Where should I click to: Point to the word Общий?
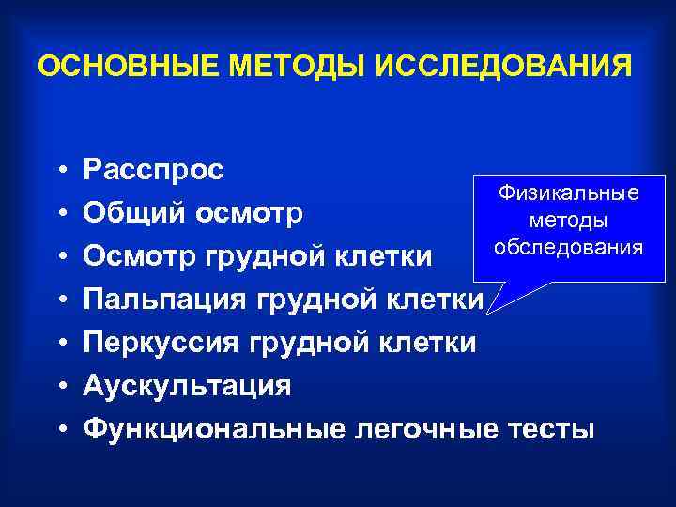pyautogui.click(x=136, y=213)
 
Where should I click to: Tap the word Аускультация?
pyautogui.click(x=187, y=386)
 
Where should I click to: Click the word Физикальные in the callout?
pyautogui.click(x=569, y=192)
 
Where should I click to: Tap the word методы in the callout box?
pyautogui.click(x=569, y=220)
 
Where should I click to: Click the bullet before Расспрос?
pyautogui.click(x=59, y=170)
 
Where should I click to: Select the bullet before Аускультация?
pyautogui.click(x=59, y=386)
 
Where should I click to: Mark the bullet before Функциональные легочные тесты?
pyautogui.click(x=59, y=429)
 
